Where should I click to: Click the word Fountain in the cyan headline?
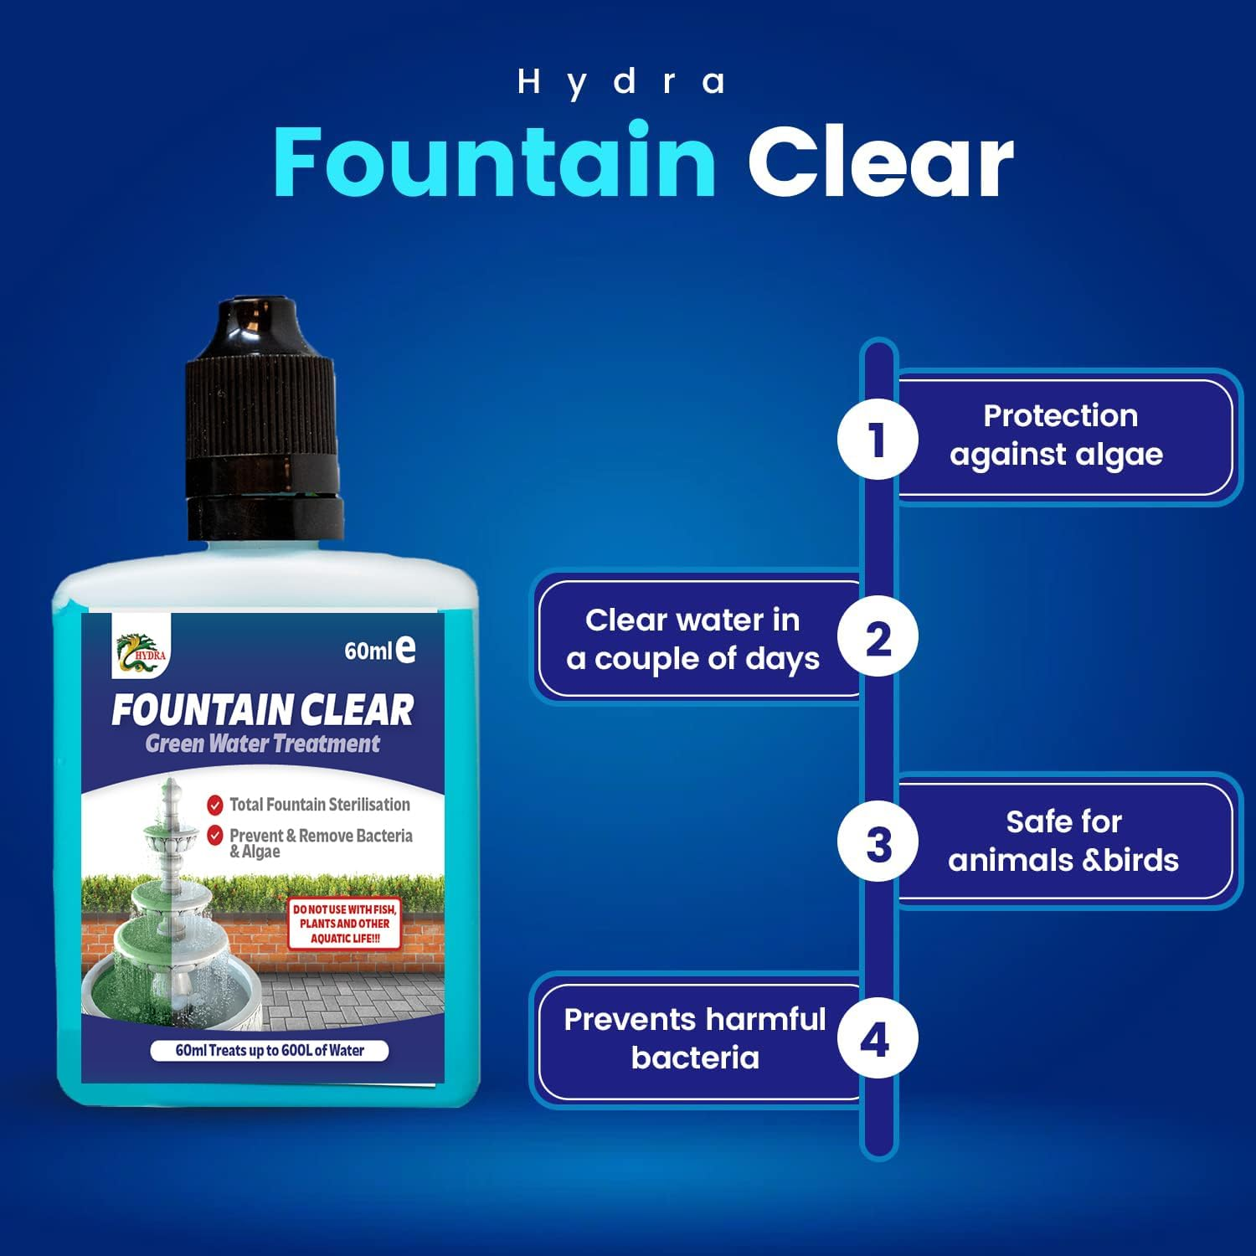494,161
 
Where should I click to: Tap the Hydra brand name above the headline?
620,82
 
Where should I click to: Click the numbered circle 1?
878,440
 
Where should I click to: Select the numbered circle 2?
878,639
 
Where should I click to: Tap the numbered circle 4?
876,1039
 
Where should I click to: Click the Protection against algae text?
1058,435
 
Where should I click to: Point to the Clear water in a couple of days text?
693,639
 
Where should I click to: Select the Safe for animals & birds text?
1063,841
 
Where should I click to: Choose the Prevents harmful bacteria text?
695,1038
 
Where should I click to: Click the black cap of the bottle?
263,419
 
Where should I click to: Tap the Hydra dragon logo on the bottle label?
142,650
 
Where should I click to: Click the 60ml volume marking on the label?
379,650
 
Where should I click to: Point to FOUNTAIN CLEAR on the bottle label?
262,710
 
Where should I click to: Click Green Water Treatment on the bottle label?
262,744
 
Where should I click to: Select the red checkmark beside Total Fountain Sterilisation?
215,805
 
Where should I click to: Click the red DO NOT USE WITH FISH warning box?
344,924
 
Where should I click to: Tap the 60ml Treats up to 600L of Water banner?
270,1050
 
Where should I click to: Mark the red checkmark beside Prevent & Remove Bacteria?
215,835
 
